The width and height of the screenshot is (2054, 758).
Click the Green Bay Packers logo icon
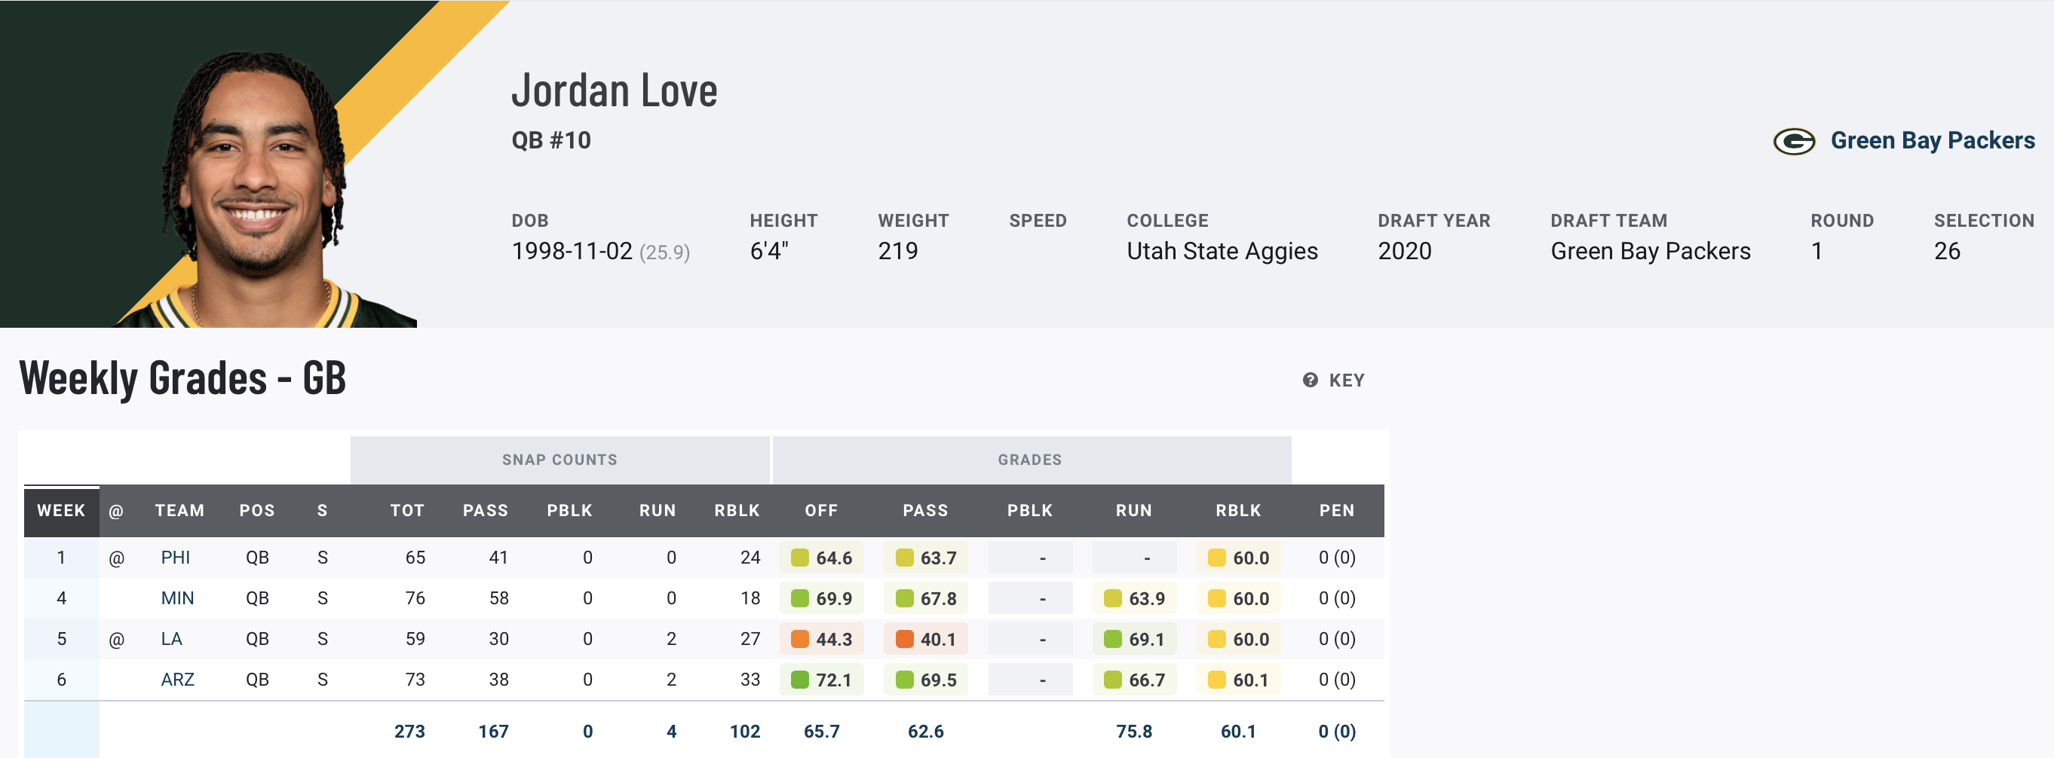tap(1793, 142)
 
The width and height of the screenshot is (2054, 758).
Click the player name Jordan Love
tap(614, 91)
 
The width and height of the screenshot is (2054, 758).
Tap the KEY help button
tap(1334, 381)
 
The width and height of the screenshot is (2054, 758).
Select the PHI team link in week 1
tap(176, 557)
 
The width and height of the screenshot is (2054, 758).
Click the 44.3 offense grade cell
tap(822, 639)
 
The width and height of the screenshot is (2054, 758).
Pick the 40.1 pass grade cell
tap(926, 639)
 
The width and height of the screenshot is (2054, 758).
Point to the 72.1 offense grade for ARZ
tap(822, 680)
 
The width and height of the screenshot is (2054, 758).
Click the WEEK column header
tap(61, 510)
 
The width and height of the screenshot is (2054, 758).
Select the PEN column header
tap(1336, 510)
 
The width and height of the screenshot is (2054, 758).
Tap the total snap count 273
tap(410, 732)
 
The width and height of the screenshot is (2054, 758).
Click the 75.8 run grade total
tap(1134, 732)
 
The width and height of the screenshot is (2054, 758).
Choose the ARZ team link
tap(177, 680)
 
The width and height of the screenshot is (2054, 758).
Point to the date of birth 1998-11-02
tap(572, 251)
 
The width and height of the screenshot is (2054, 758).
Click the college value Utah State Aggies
tap(1222, 251)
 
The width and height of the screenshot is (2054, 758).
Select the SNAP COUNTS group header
tap(559, 460)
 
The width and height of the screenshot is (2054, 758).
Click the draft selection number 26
tap(1946, 251)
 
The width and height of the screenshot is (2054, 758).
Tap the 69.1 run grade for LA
tap(1135, 639)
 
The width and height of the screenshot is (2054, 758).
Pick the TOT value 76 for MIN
tap(415, 598)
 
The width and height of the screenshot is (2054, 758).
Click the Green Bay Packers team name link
tap(1932, 140)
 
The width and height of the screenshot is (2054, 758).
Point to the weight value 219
tap(898, 251)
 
